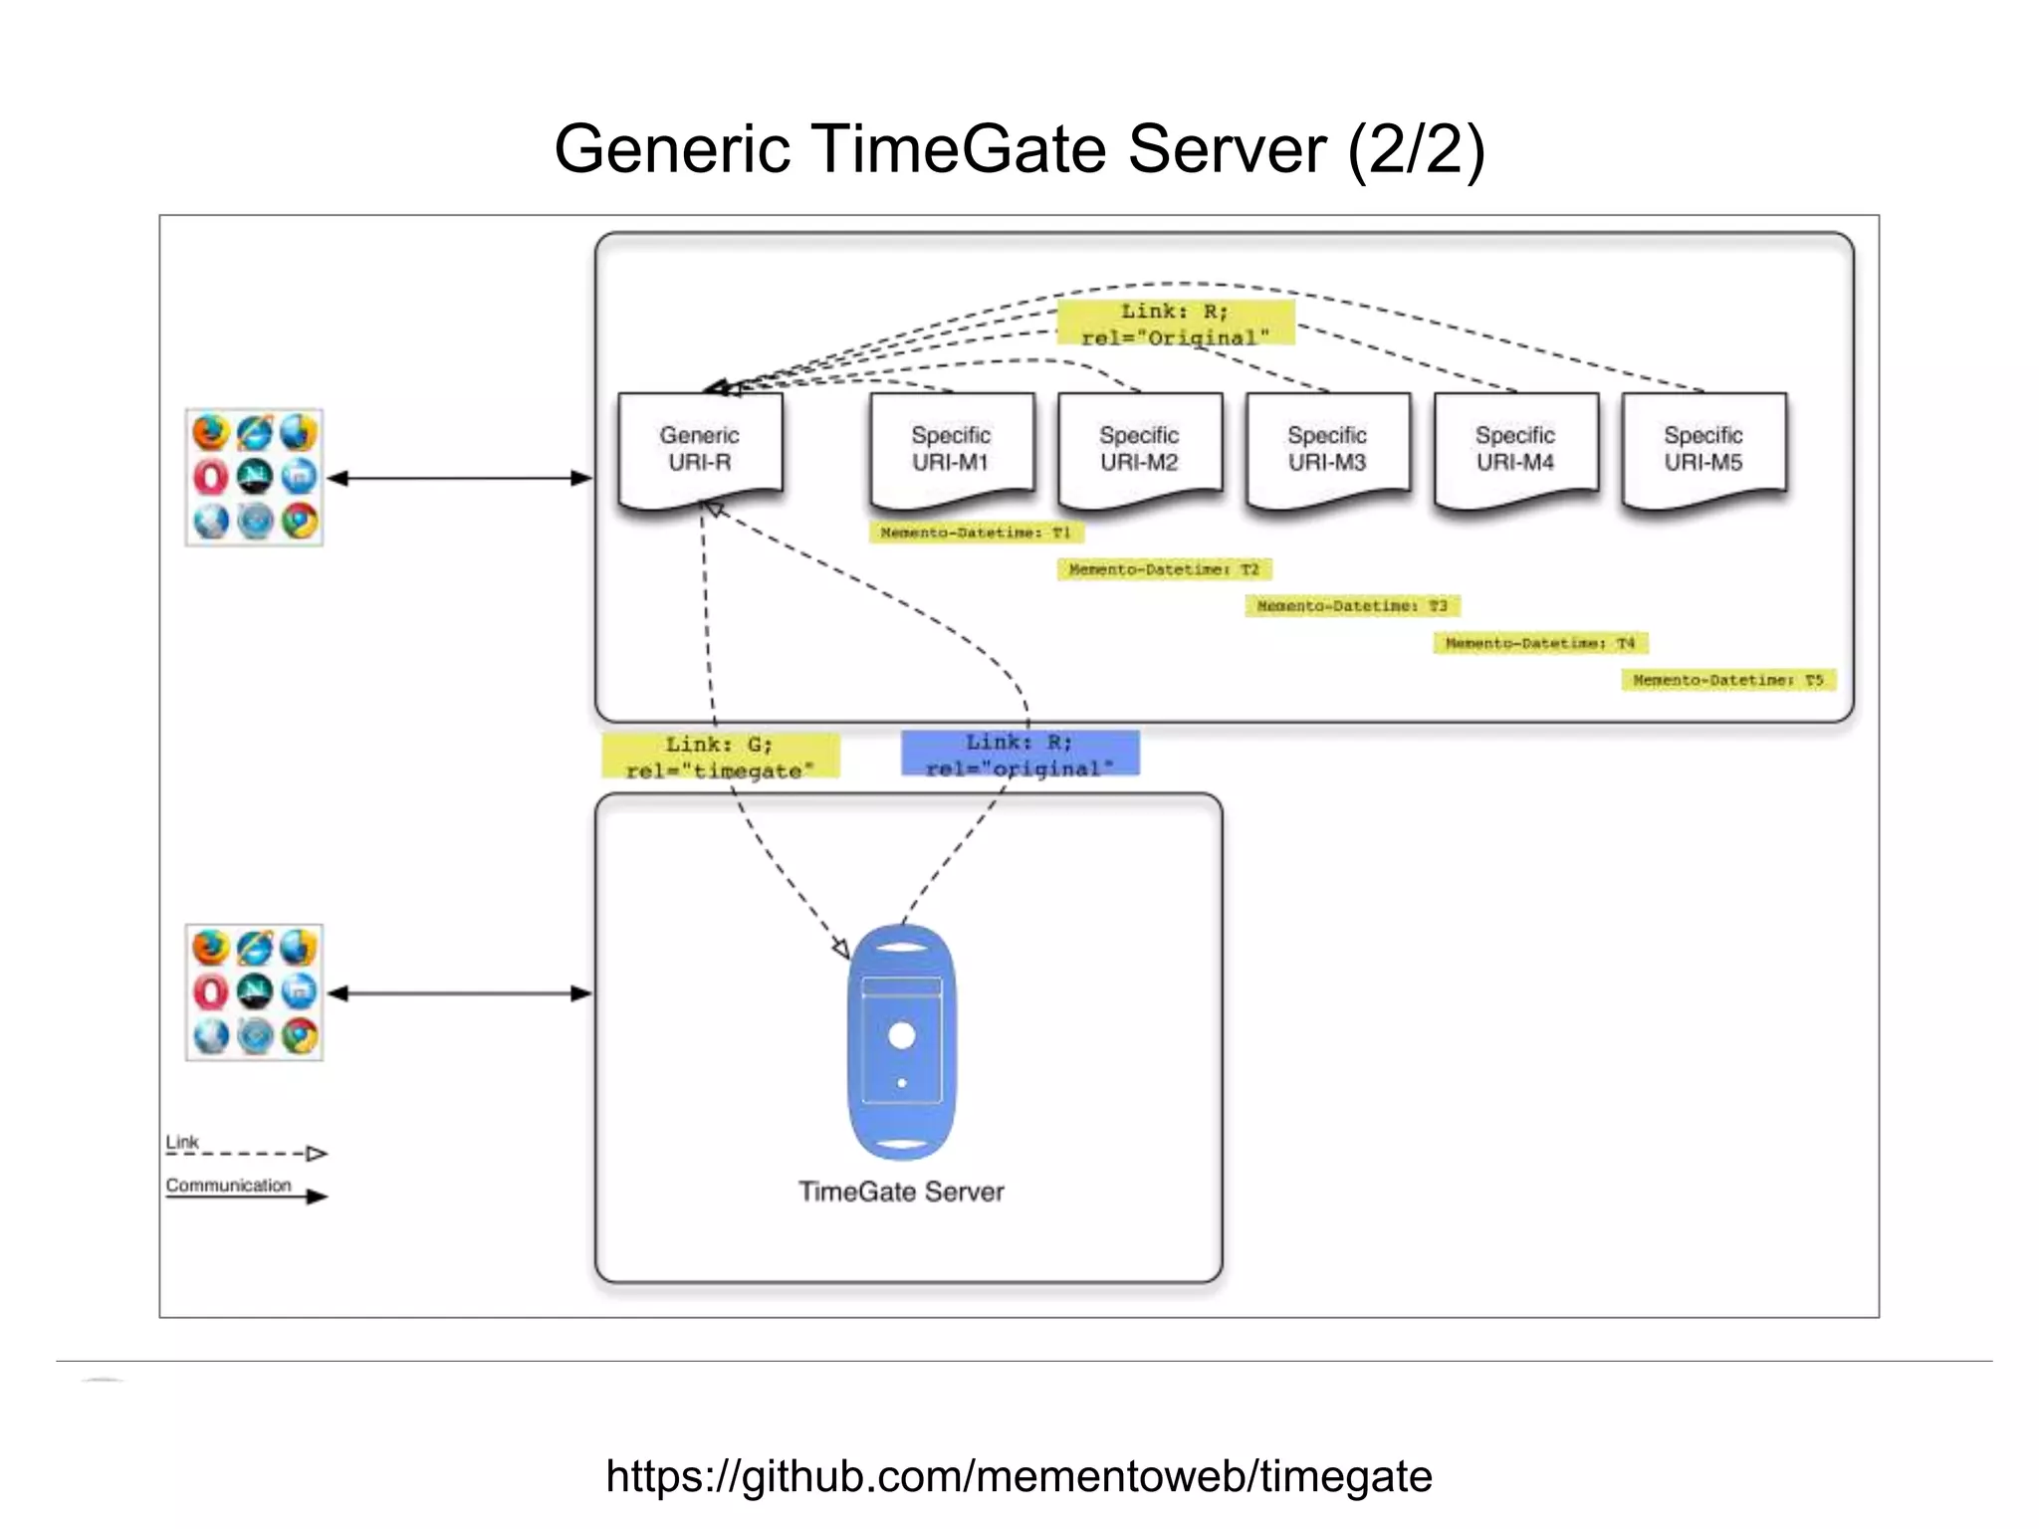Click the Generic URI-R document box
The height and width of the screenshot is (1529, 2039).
click(700, 449)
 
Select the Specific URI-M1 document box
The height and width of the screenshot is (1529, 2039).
click(951, 449)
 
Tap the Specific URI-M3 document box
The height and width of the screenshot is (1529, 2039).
click(1327, 449)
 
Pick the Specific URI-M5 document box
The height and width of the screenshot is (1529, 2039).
click(1703, 449)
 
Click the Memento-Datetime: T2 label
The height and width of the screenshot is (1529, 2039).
click(1164, 569)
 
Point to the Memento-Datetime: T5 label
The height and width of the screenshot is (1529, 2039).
click(1728, 680)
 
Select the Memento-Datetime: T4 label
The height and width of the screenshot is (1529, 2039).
click(1540, 643)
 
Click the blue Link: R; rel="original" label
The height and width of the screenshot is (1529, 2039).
click(1019, 755)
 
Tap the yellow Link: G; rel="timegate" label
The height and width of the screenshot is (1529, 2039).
click(720, 757)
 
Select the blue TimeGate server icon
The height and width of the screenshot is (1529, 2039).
click(902, 1042)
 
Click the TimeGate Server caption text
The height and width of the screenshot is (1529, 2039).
click(901, 1192)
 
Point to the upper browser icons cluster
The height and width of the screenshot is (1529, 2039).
click(254, 477)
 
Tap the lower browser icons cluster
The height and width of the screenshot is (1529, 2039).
click(254, 992)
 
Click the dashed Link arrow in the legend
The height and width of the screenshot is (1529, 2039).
click(249, 1154)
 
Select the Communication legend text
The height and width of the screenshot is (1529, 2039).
click(228, 1185)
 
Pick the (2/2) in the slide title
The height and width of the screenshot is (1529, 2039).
click(1416, 149)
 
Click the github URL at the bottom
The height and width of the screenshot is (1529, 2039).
click(1019, 1475)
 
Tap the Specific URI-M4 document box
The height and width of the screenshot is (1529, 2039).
click(1515, 449)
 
